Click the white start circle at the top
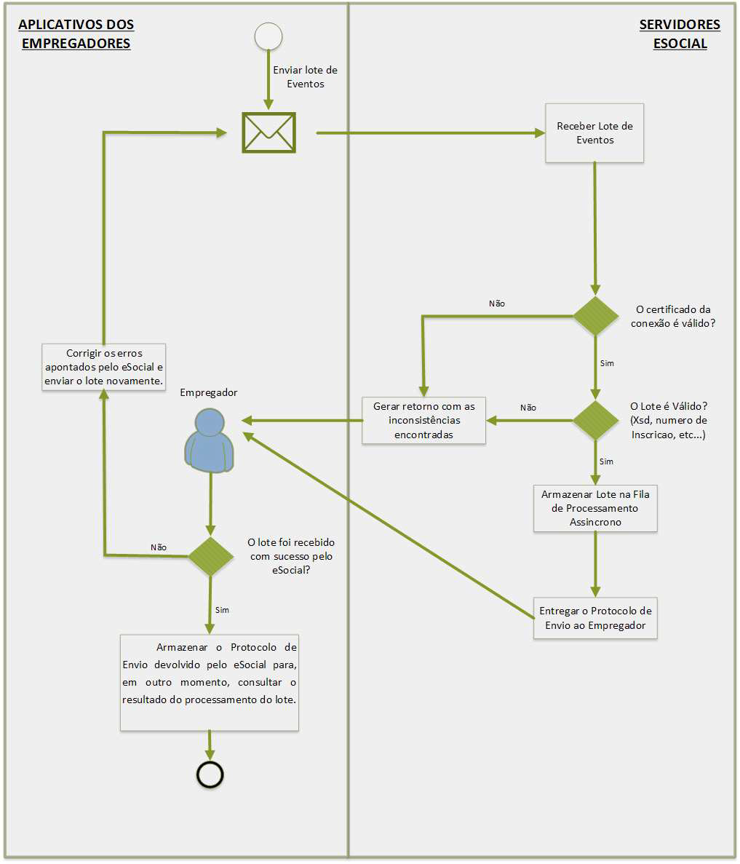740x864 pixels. tap(268, 36)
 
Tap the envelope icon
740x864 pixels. tap(268, 132)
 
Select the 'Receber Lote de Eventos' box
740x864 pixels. tap(594, 132)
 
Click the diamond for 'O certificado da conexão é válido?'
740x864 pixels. tap(596, 316)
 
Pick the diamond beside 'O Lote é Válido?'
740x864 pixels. tap(596, 420)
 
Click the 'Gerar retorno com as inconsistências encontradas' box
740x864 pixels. tap(424, 420)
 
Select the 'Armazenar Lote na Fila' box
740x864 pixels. tap(595, 508)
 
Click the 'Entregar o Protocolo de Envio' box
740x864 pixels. tap(595, 619)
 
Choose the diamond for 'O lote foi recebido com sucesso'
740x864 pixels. tap(211, 556)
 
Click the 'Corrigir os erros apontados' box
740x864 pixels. tap(103, 367)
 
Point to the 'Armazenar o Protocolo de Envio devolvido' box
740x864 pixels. tap(210, 682)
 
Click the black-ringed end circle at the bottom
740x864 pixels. tap(210, 774)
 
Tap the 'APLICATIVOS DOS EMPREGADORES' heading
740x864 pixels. tap(76, 34)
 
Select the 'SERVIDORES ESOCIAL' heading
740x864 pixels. tap(680, 34)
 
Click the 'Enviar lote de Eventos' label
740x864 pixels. tap(305, 77)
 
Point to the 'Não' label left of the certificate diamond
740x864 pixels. tap(497, 304)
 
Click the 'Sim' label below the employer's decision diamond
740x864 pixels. tap(223, 610)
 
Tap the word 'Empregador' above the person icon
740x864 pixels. tap(209, 393)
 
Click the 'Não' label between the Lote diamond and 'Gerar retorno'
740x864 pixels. tap(528, 408)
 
